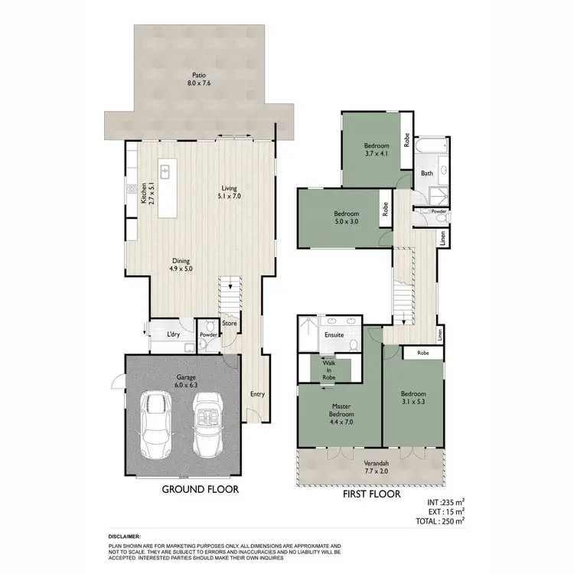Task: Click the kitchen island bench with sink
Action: pyautogui.click(x=165, y=188)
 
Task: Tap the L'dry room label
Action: pyautogui.click(x=173, y=335)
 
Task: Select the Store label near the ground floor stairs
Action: pyautogui.click(x=230, y=323)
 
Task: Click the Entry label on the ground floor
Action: pyautogui.click(x=257, y=394)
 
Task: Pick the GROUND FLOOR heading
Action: pyautogui.click(x=199, y=489)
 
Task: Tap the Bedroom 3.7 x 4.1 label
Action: pyautogui.click(x=377, y=149)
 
